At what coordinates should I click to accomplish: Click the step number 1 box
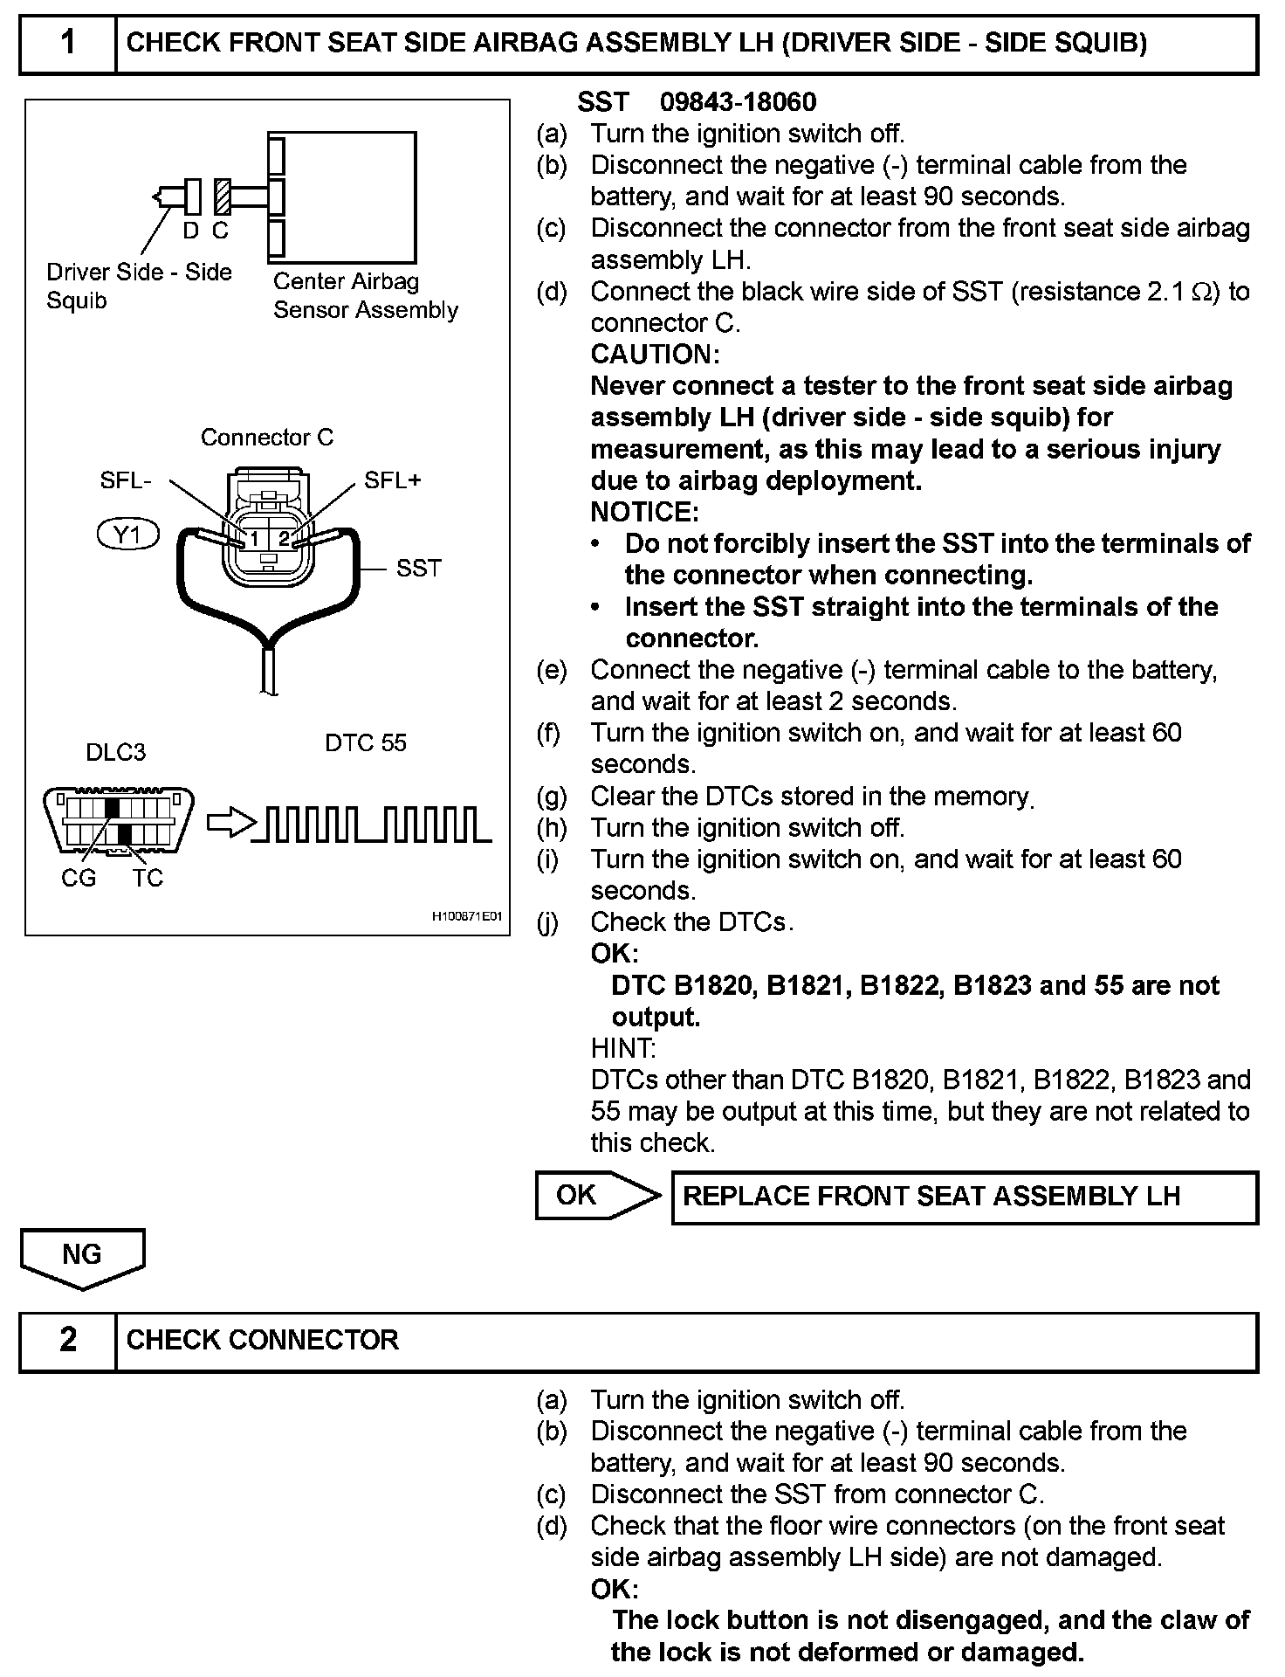tap(68, 43)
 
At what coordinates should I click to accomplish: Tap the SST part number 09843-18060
tap(738, 102)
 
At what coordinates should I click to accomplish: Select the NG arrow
tap(82, 1257)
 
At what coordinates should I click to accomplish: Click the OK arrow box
tap(597, 1195)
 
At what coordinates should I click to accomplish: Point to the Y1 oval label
tap(128, 535)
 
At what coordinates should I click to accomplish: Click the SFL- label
tap(126, 480)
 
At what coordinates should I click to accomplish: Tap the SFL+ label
tap(393, 480)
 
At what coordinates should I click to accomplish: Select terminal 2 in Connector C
tap(285, 539)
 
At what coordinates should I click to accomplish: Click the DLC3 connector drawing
tap(118, 819)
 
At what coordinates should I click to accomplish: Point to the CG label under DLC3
tap(79, 878)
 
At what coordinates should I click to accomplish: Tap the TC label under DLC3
tap(148, 878)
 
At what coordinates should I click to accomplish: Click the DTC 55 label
tap(366, 742)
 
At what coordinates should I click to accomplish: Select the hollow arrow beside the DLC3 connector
tap(230, 823)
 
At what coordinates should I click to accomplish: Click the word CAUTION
tap(655, 355)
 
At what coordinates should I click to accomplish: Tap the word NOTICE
tap(644, 512)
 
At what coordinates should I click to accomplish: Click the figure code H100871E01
tap(468, 918)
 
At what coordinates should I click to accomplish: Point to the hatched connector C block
tap(223, 197)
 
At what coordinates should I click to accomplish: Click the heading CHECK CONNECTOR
tap(262, 1340)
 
